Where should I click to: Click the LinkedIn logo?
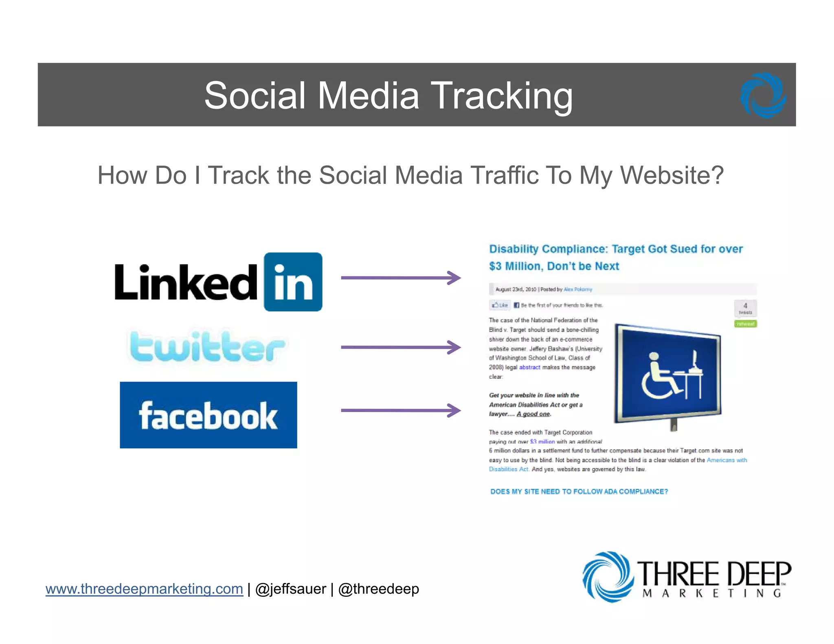point(219,282)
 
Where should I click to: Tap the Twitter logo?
point(207,347)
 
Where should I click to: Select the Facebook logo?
point(208,415)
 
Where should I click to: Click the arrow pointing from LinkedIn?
point(401,278)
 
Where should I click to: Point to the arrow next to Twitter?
point(401,347)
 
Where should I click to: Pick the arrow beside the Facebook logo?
point(401,410)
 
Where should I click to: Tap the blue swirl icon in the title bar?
point(763,95)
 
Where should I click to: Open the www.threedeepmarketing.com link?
point(144,589)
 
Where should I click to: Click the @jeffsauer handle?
point(290,589)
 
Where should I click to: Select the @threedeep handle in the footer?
point(378,589)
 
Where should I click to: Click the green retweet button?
point(745,324)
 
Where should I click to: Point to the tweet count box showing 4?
point(745,308)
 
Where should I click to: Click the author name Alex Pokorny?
point(577,289)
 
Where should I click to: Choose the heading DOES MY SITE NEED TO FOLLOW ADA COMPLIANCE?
point(579,491)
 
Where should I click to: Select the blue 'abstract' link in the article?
point(529,367)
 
